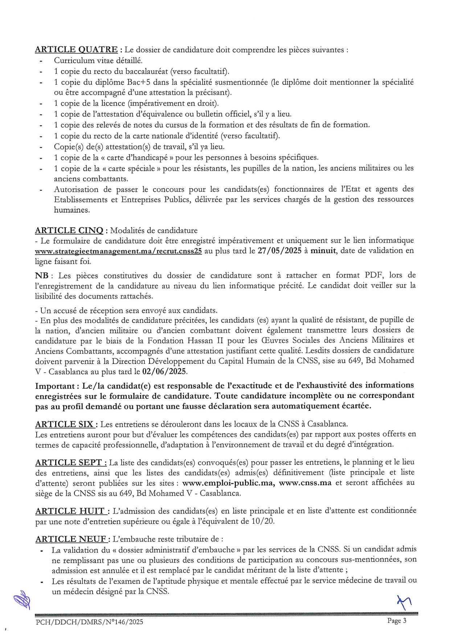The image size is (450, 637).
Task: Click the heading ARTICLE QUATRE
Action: tap(76, 50)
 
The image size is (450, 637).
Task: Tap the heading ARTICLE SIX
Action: tap(66, 424)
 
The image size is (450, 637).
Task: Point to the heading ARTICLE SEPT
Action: tap(70, 462)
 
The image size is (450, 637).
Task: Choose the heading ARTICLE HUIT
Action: tap(71, 511)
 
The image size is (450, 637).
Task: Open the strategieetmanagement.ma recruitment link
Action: tap(118, 251)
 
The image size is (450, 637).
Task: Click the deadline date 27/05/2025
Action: tap(279, 251)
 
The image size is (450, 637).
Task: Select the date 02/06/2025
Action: tap(164, 372)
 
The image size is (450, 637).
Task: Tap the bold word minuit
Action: tap(323, 251)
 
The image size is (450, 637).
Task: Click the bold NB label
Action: tap(41, 275)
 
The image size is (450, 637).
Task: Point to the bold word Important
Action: tap(54, 386)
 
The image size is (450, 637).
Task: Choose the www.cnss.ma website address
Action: tap(305, 483)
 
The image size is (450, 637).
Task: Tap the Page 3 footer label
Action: tap(397, 621)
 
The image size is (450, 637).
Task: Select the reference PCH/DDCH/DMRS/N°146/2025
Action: tap(89, 622)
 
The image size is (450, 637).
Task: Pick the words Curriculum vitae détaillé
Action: tap(98, 61)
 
